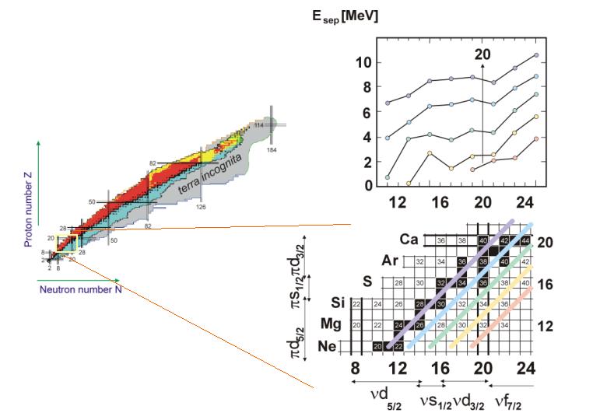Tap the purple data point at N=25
536,55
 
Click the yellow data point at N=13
409,184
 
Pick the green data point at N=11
388,177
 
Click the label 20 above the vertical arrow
482,54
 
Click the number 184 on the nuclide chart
272,149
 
